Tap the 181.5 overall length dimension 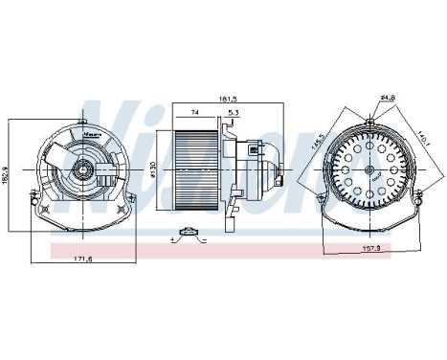(229, 98)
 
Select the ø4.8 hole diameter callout (388, 98)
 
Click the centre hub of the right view (369, 172)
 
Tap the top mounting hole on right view (369, 122)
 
